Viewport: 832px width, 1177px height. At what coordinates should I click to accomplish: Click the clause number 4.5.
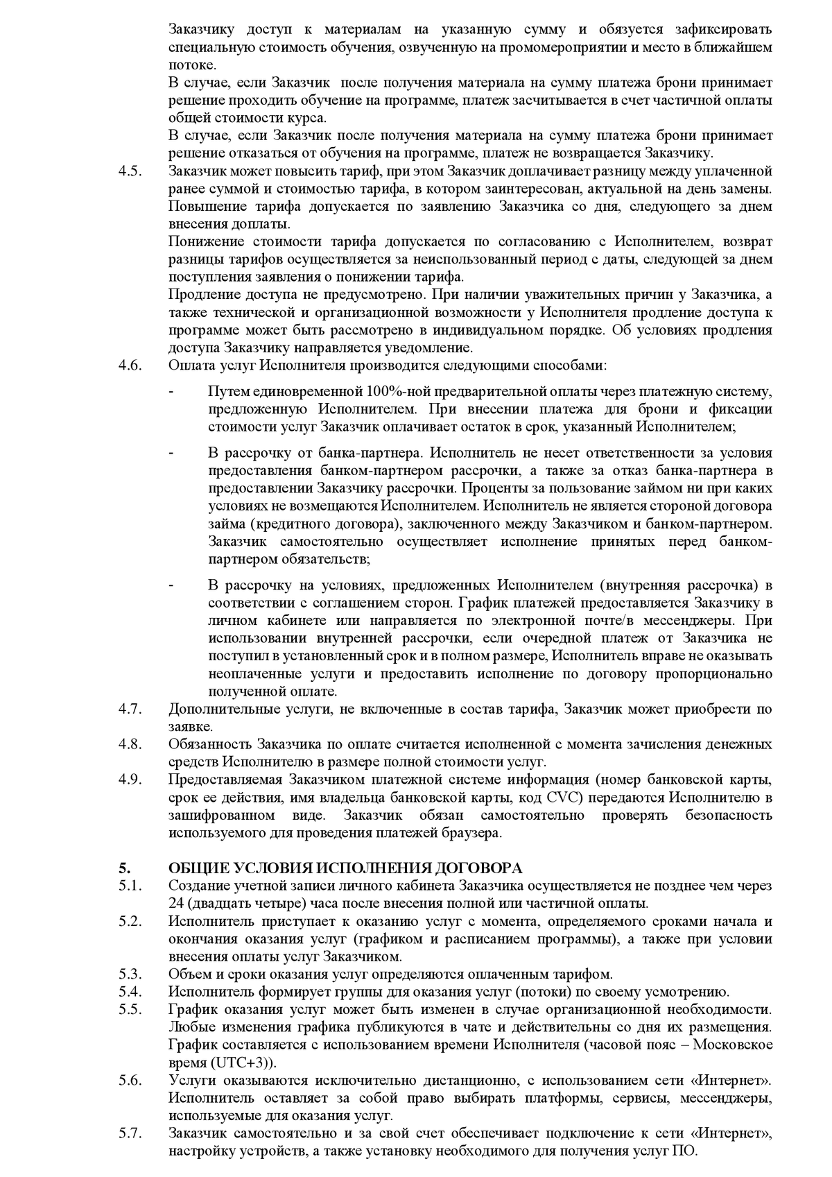[x=130, y=171]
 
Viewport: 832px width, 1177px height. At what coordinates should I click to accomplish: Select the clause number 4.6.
[x=130, y=366]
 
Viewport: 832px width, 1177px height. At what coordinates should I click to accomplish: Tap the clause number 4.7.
[x=130, y=709]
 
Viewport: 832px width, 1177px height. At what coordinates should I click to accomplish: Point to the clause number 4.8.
[x=130, y=744]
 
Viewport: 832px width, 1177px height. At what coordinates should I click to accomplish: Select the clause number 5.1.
[x=130, y=886]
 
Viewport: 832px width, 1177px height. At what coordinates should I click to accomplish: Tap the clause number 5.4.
[x=130, y=992]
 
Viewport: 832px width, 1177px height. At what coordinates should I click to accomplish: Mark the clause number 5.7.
[x=130, y=1133]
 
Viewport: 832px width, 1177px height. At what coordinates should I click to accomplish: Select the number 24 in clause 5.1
[x=175, y=903]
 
